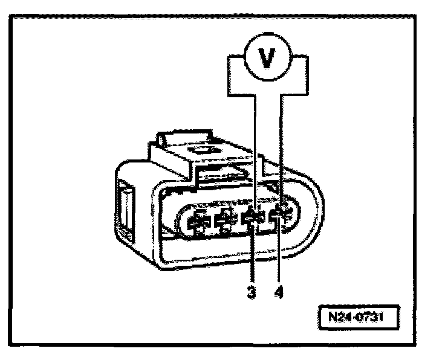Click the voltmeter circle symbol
[265, 60]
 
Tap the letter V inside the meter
[265, 60]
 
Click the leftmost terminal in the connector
[198, 223]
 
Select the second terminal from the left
[226, 221]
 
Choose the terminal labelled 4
[281, 216]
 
